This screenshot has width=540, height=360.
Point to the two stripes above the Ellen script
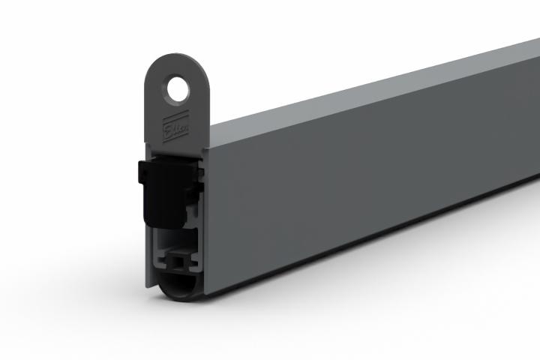(x=173, y=118)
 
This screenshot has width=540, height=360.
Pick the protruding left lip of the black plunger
(x=140, y=172)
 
